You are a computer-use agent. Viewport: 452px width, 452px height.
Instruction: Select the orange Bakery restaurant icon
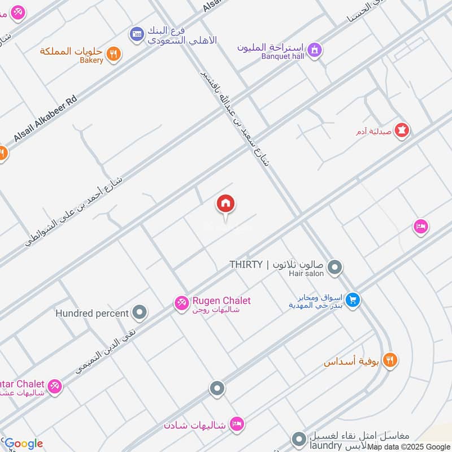click(114, 54)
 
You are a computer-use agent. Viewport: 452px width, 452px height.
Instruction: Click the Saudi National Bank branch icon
click(136, 35)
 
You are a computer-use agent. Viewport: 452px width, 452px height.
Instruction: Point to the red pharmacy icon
click(402, 131)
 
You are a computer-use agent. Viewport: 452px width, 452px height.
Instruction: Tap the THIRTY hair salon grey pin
click(335, 266)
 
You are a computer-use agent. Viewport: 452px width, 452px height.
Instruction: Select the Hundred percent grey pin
click(140, 312)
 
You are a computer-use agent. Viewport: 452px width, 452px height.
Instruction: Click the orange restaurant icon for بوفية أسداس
click(390, 359)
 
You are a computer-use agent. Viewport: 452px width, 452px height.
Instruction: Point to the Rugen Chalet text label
click(221, 301)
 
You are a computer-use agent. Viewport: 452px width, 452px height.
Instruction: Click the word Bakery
click(90, 60)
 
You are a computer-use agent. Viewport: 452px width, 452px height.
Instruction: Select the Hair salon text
click(306, 273)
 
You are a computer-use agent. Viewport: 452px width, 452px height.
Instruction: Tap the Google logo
click(23, 444)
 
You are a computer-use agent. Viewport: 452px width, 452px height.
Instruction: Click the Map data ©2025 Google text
click(409, 446)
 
